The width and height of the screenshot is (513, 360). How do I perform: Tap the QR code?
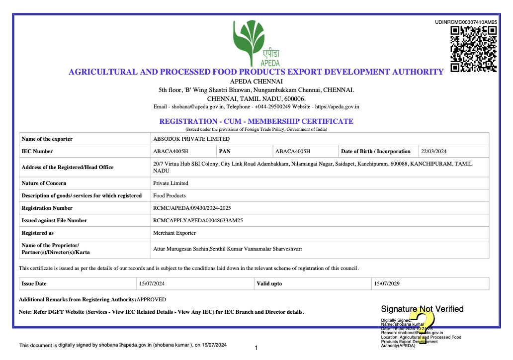473,49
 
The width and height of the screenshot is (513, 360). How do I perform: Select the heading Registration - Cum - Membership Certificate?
256,121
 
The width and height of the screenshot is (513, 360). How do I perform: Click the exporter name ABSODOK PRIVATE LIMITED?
191,139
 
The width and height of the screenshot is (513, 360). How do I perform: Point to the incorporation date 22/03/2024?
434,151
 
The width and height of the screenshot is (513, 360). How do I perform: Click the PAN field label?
225,151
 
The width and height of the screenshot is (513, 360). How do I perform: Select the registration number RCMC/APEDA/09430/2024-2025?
192,208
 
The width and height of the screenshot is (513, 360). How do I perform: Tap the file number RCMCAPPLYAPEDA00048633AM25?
197,220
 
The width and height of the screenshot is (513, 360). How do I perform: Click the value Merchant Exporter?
174,233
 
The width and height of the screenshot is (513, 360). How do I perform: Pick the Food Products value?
170,195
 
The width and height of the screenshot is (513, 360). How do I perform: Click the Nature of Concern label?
44,183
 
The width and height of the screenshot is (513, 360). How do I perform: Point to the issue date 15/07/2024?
152,283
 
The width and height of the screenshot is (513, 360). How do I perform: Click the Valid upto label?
269,283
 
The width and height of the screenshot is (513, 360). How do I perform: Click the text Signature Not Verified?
422,309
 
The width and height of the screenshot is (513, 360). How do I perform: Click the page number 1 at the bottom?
256,348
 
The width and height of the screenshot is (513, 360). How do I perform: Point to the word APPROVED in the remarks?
151,299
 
